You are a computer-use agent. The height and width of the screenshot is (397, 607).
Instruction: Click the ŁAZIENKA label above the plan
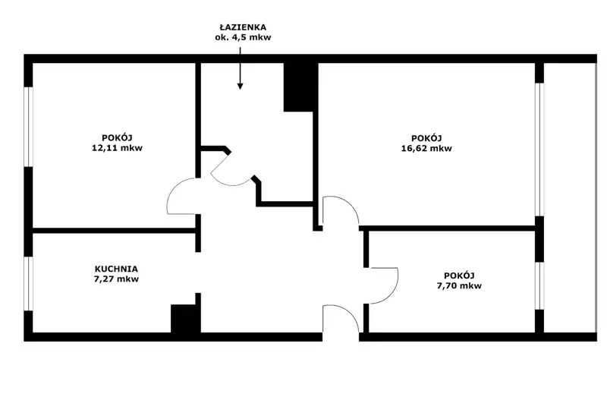click(243, 27)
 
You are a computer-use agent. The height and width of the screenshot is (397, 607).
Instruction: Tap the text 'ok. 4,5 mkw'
click(243, 37)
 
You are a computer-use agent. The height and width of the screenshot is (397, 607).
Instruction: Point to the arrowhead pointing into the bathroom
click(240, 86)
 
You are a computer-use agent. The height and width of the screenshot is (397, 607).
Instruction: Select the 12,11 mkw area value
click(118, 148)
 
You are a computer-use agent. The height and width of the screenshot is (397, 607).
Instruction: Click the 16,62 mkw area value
click(426, 148)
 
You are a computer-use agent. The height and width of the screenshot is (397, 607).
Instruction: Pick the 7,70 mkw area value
click(460, 286)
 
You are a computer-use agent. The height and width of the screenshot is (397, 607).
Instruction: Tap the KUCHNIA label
click(117, 269)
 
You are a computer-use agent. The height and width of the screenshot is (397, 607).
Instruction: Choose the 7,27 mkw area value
click(117, 279)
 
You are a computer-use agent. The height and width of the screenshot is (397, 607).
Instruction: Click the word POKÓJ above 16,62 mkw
click(426, 138)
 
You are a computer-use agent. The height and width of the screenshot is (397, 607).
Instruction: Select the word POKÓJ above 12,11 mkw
click(118, 138)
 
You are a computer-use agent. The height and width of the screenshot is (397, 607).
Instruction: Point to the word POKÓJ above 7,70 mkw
click(460, 276)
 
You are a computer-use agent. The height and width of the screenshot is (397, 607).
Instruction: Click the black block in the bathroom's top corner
click(298, 87)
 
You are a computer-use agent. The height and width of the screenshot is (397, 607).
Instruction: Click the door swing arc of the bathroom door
click(231, 172)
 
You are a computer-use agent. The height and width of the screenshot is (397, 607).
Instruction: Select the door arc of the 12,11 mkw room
click(181, 196)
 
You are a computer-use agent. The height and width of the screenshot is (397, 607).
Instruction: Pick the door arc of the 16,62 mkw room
click(341, 210)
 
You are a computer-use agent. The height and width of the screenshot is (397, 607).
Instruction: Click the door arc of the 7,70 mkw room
click(384, 286)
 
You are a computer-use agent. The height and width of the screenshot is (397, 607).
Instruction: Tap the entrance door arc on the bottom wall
click(341, 318)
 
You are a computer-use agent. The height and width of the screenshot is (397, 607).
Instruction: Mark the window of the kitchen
click(29, 283)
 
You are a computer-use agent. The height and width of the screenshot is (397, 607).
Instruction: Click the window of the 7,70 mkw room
click(539, 286)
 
